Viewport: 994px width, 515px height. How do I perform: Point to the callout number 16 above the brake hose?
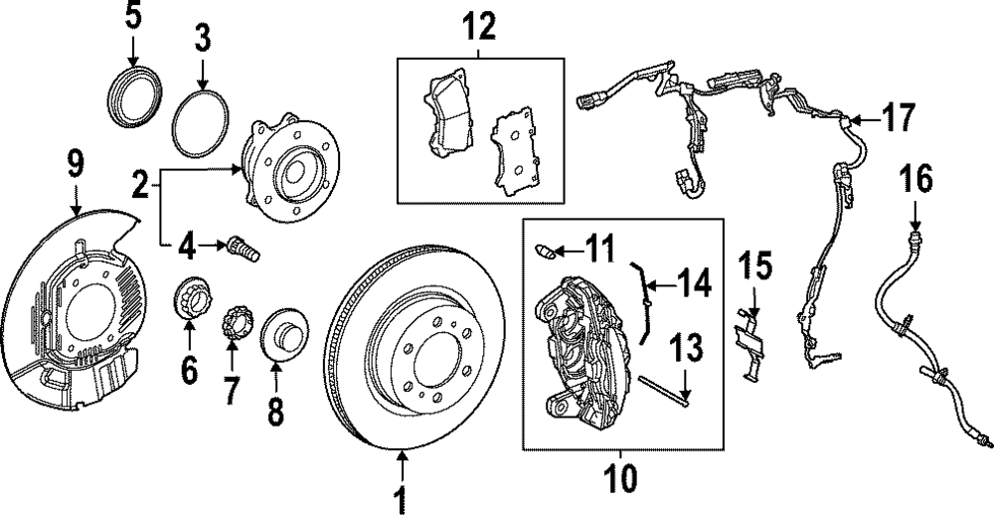coord(916,180)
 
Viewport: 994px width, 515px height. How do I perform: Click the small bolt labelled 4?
coord(243,247)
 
